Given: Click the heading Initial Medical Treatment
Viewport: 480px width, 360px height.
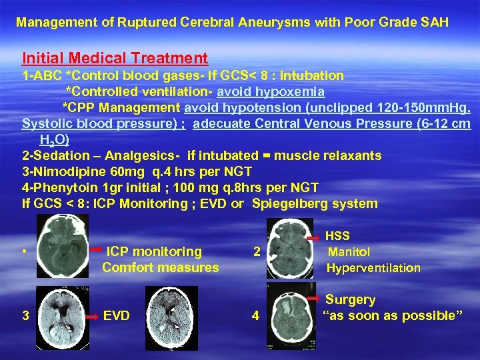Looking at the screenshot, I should [115, 59].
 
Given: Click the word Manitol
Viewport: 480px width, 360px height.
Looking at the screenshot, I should [349, 252].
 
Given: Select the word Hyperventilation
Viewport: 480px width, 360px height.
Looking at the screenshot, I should [373, 268].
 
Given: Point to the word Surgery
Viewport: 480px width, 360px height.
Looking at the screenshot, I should [350, 300].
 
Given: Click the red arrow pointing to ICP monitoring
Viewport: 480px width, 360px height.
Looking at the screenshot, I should [95, 250].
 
